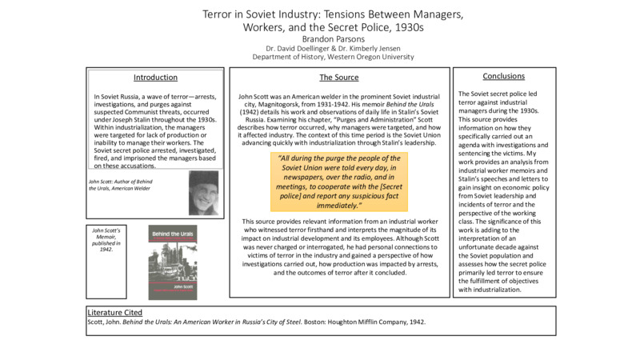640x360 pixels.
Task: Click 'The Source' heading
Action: [339, 78]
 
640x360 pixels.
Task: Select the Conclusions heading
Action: [504, 76]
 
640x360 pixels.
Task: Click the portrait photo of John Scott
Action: [203, 193]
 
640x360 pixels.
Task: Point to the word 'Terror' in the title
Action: [221, 14]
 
